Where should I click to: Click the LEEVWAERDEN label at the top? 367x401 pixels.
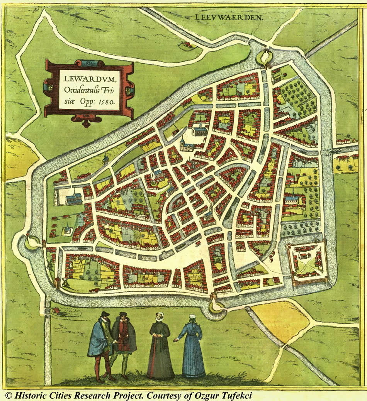tap(229, 17)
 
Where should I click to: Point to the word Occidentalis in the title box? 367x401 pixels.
tap(82, 91)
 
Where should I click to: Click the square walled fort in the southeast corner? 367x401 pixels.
tap(308, 262)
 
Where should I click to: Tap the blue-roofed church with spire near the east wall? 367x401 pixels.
tap(293, 200)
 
